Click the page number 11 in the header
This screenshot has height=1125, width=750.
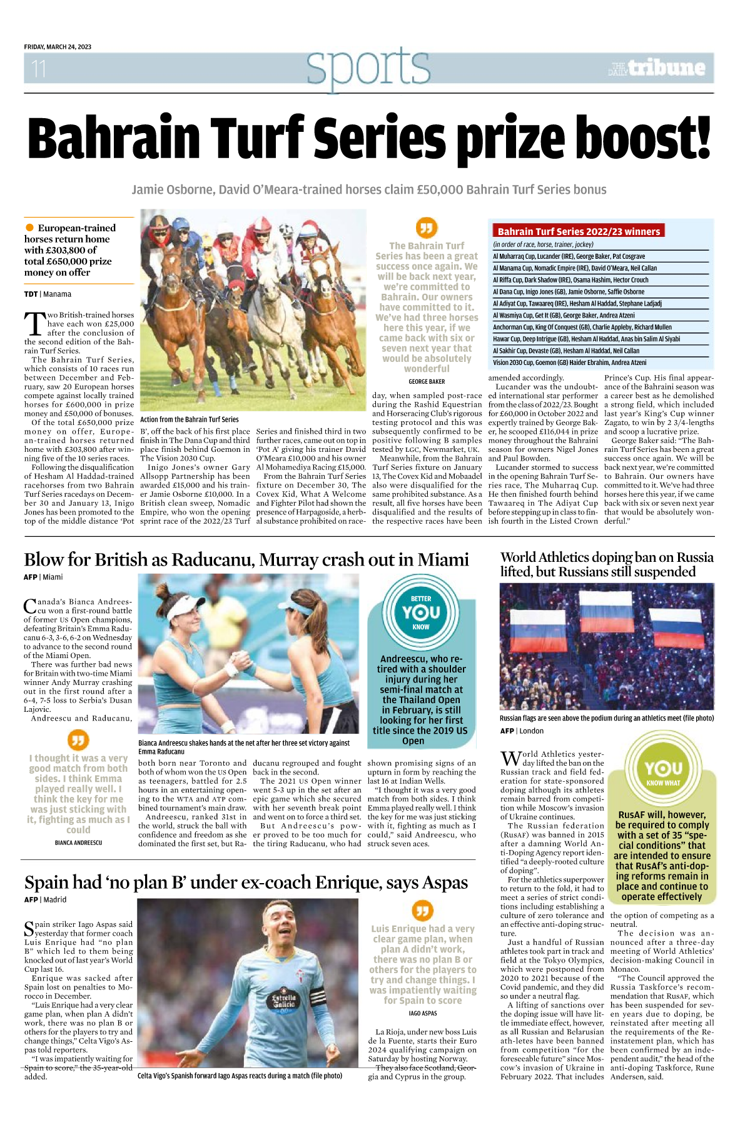(39, 68)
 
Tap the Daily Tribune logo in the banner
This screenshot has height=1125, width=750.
(656, 67)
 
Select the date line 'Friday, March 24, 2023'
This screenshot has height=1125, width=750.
(58, 47)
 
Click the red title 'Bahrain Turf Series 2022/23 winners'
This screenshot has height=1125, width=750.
(579, 231)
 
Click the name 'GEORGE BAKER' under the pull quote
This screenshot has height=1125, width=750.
(427, 381)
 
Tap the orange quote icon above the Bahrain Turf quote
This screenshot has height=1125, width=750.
(427, 227)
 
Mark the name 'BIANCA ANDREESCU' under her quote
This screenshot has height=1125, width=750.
(78, 842)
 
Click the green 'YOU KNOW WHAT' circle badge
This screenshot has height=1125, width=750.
(663, 771)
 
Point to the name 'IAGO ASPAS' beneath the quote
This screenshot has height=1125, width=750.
(423, 1013)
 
